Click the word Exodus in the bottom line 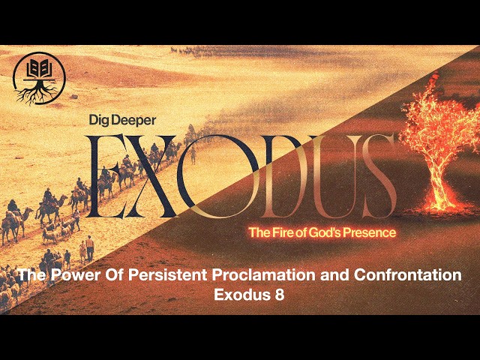[233, 293]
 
